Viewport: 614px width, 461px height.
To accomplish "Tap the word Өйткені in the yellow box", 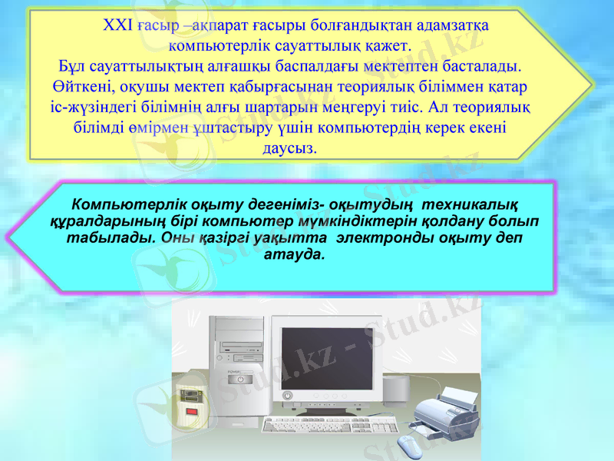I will [79, 83].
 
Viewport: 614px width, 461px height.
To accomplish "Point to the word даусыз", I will [289, 148].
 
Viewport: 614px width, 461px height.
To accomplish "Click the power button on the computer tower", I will [240, 380].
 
